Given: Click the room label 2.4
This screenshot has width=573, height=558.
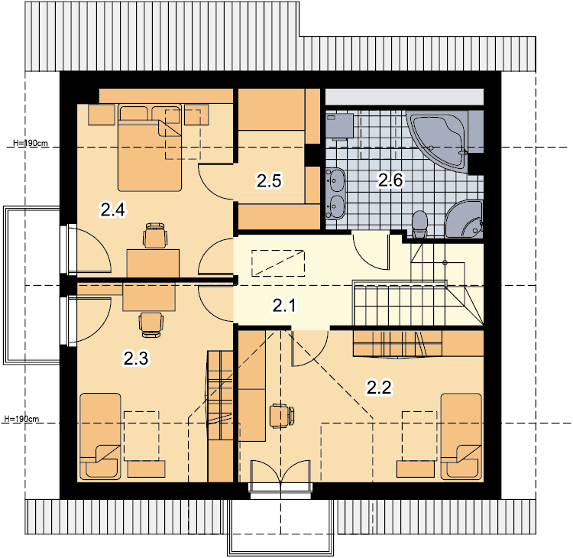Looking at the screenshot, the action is click(113, 210).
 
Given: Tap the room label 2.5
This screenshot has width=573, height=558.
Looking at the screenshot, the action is click(269, 181).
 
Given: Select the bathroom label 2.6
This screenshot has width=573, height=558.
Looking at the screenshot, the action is click(390, 180).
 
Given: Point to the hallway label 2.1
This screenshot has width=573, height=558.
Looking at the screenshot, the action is click(284, 305).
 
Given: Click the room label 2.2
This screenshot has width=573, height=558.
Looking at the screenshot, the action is click(379, 388).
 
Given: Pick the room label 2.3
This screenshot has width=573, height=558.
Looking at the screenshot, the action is click(136, 358).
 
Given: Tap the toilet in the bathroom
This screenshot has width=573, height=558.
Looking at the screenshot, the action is click(419, 224).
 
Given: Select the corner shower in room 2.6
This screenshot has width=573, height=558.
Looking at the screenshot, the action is click(464, 219).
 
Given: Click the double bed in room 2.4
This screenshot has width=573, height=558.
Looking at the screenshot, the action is click(150, 148).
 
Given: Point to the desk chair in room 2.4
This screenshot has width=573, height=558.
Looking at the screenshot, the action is click(155, 235).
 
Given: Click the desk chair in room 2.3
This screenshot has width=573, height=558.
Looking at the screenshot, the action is click(151, 324).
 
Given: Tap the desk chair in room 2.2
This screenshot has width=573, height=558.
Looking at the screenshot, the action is click(282, 416).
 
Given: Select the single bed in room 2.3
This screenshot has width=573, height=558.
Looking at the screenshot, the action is click(101, 436).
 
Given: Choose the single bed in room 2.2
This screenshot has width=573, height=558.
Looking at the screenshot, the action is click(461, 436).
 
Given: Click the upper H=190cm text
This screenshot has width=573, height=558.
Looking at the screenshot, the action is click(31, 143).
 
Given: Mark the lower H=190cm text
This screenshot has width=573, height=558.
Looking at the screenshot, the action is click(21, 419).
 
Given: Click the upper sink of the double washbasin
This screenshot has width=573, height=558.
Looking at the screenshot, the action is click(335, 180).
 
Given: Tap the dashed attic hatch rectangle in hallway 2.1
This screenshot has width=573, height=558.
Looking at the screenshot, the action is click(278, 263).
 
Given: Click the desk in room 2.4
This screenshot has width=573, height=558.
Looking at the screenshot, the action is click(153, 263).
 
